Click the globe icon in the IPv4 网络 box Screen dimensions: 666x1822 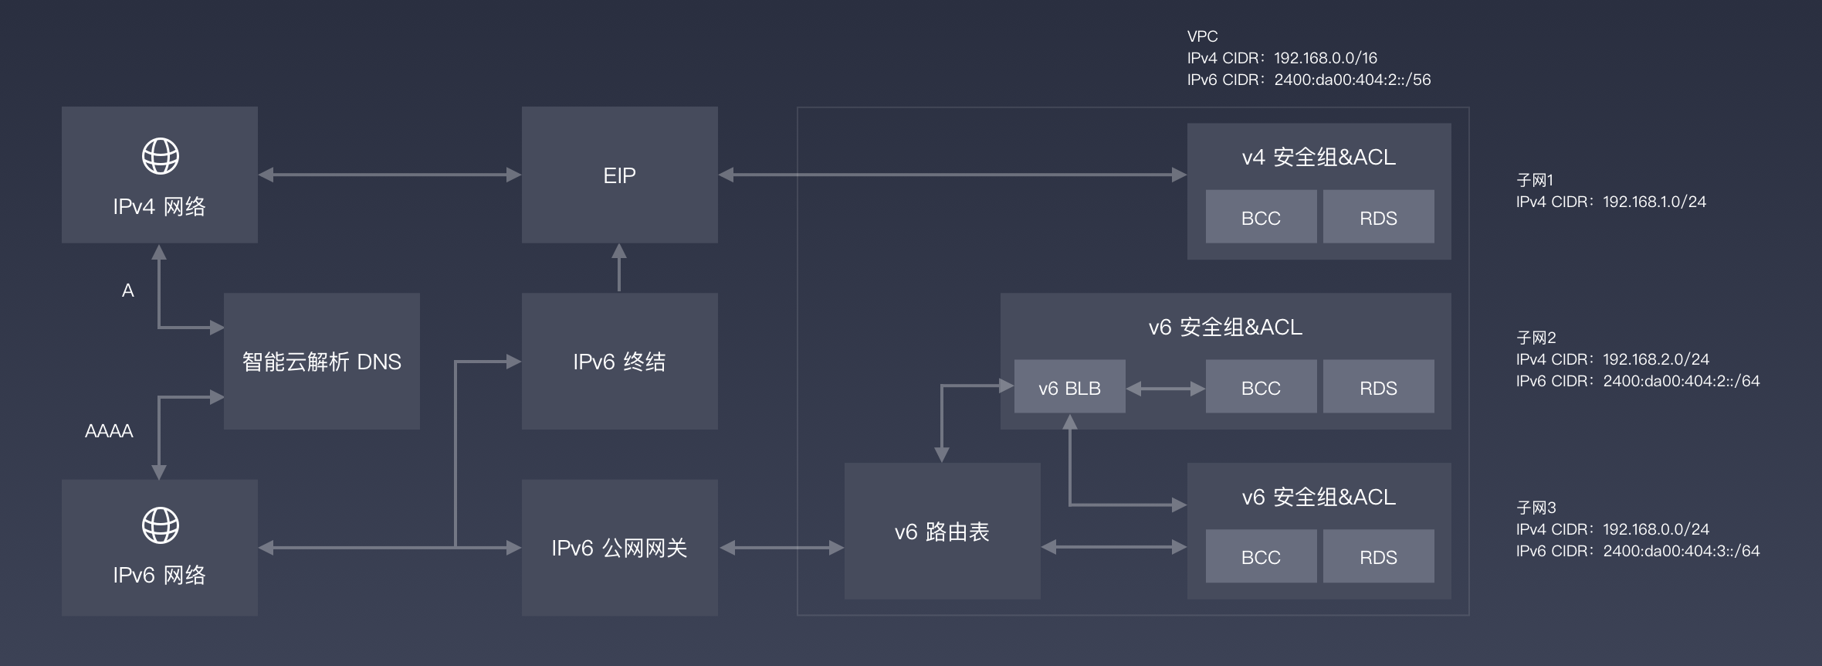[x=161, y=156]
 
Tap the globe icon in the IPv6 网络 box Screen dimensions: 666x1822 [x=161, y=525]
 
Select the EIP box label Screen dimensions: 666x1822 [x=619, y=176]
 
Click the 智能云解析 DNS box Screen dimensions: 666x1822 [x=321, y=362]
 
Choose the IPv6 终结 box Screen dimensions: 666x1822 [x=619, y=362]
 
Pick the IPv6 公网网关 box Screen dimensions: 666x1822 [x=619, y=548]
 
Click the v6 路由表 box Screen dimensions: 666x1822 [x=942, y=532]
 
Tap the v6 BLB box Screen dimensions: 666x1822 [x=1069, y=387]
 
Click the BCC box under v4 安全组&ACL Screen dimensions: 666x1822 [x=1261, y=218]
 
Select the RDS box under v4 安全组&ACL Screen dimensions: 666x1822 [x=1378, y=218]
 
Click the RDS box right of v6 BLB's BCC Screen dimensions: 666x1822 [x=1378, y=387]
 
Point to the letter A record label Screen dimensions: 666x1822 [x=128, y=291]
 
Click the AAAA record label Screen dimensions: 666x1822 [x=109, y=431]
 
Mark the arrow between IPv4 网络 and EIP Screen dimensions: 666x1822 [x=389, y=175]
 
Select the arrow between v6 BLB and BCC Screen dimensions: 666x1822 [x=1165, y=389]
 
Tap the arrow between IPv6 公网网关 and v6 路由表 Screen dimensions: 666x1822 [x=781, y=548]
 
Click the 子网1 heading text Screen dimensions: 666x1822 [x=1535, y=180]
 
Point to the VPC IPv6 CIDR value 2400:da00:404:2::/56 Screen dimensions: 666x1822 [x=1352, y=80]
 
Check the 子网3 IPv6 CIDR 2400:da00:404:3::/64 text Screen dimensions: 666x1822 [x=1681, y=551]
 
